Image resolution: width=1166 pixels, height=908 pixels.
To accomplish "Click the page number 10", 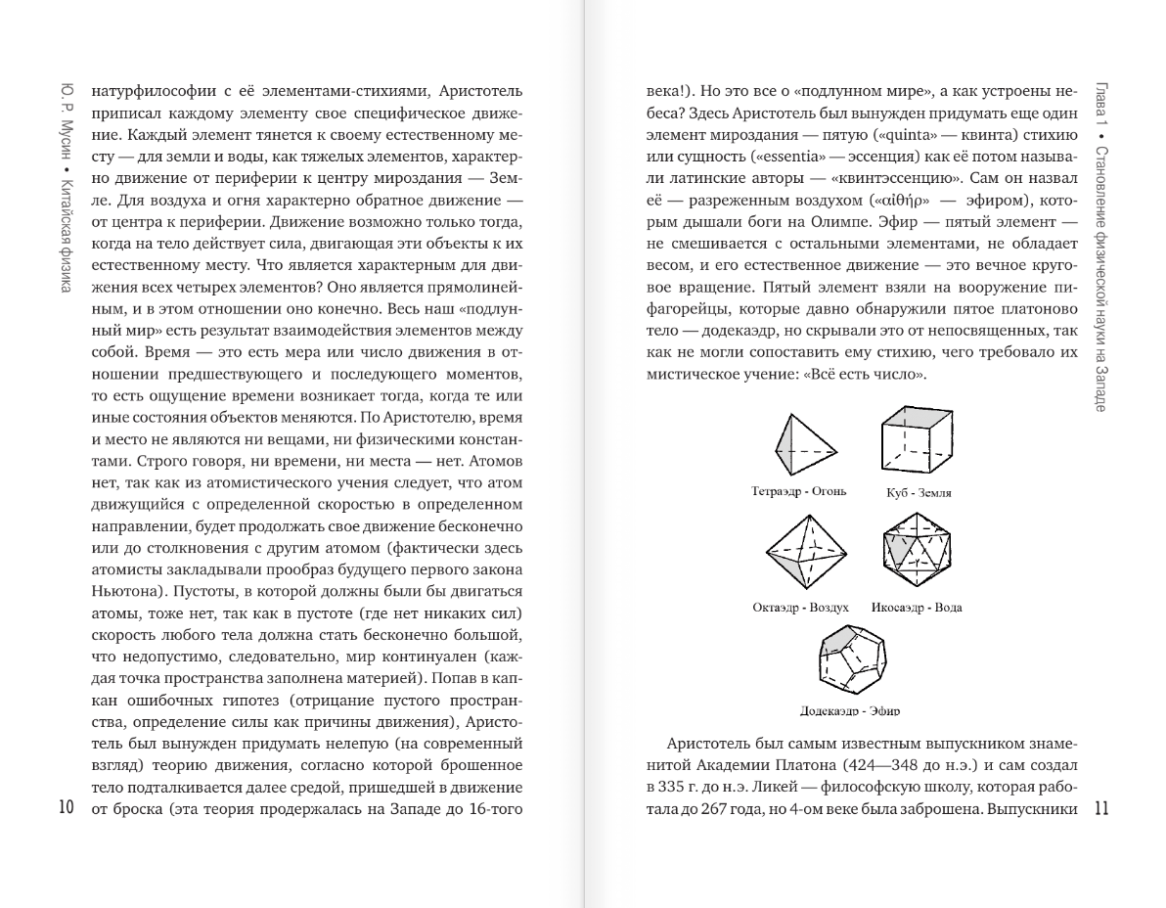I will [x=67, y=807].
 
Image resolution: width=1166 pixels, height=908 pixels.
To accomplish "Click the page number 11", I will [x=1099, y=808].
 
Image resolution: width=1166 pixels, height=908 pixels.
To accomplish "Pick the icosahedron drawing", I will [x=917, y=555].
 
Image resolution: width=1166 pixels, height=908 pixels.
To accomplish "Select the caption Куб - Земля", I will [x=918, y=493].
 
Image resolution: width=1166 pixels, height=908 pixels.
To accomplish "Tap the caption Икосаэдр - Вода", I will [x=917, y=608].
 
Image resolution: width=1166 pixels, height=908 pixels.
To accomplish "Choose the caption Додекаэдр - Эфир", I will [x=849, y=710].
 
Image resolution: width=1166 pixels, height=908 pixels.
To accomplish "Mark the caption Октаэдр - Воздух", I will [x=799, y=608].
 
